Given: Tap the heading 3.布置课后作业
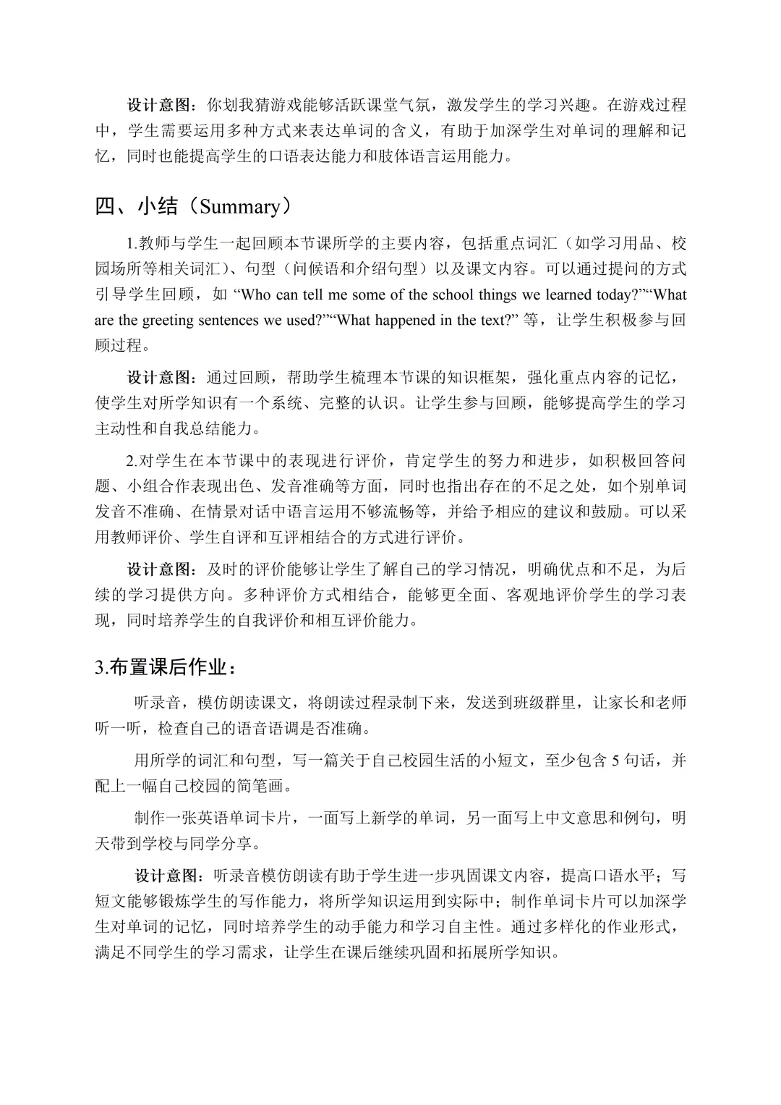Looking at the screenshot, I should (165, 667).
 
